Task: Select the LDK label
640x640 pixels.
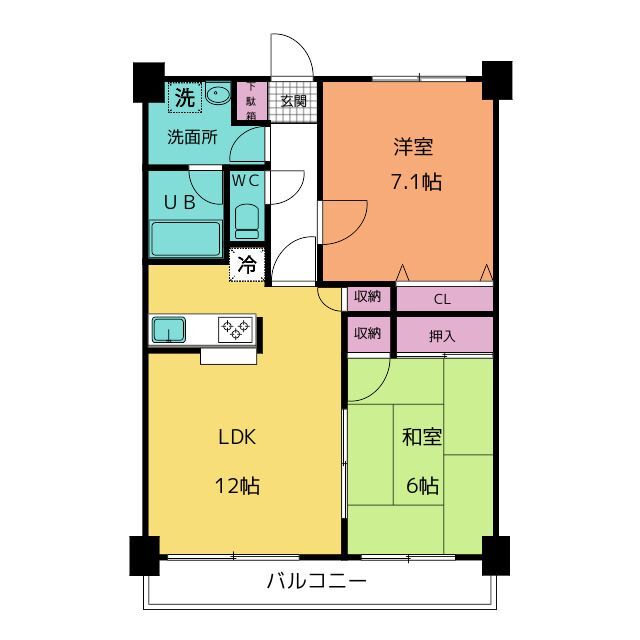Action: click(238, 437)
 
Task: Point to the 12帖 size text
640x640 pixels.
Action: click(238, 487)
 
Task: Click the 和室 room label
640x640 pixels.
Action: click(422, 437)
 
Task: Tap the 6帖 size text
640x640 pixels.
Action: click(422, 487)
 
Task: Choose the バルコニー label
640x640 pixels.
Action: click(316, 581)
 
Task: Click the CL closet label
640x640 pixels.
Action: click(443, 298)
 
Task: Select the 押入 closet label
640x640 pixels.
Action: click(443, 336)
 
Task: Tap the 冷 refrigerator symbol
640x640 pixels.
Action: click(246, 267)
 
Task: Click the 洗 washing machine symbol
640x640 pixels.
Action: click(184, 98)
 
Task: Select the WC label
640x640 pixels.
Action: click(247, 181)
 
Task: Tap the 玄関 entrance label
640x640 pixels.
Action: click(293, 101)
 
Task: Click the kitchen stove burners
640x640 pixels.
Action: click(237, 328)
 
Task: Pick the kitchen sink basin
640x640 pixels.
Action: click(168, 328)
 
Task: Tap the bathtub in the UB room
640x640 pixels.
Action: click(185, 240)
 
